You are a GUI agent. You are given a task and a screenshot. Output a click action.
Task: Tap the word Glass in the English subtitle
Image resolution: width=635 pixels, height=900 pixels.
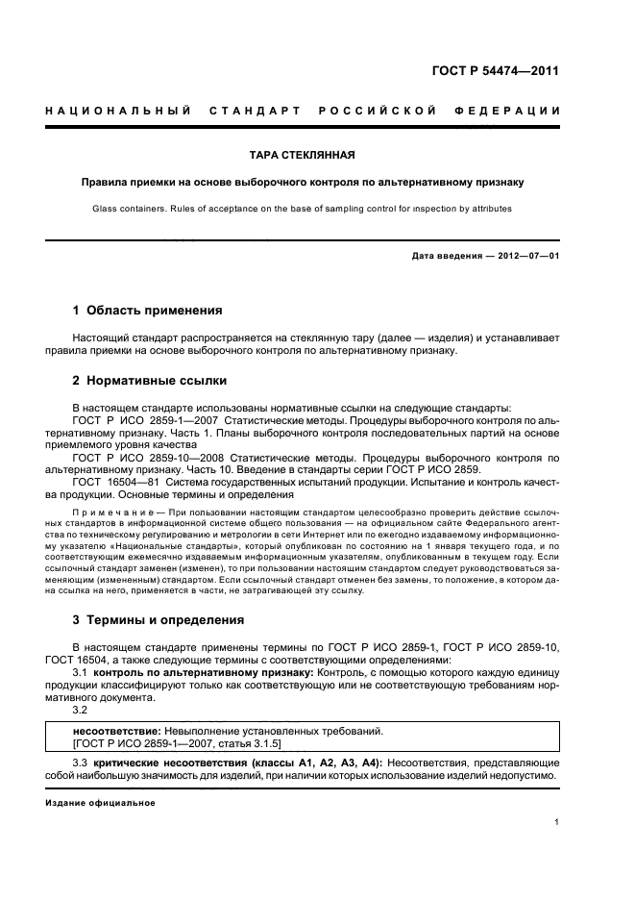(107, 208)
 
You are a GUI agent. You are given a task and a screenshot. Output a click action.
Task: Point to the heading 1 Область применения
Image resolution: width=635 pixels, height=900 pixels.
(148, 311)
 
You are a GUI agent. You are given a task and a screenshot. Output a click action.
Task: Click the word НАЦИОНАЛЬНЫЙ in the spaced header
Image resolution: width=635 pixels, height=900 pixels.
(116, 112)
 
